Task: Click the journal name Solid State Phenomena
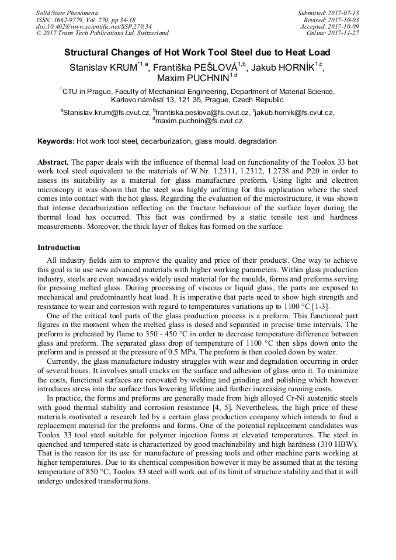click(67, 13)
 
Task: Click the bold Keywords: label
click(55, 141)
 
